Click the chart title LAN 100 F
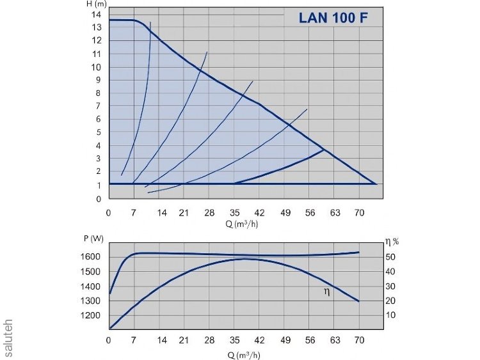coord(333,18)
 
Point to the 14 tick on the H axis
coord(97,14)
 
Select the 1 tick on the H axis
coord(99,185)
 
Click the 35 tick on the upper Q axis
coord(234,212)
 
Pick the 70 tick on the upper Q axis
coord(359,212)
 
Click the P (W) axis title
coord(93,239)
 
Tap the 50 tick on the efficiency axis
coord(391,257)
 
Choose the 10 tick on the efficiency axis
coord(391,316)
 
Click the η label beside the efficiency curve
coord(327,292)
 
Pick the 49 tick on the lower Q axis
coord(284,340)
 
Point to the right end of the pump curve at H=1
coord(376,184)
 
